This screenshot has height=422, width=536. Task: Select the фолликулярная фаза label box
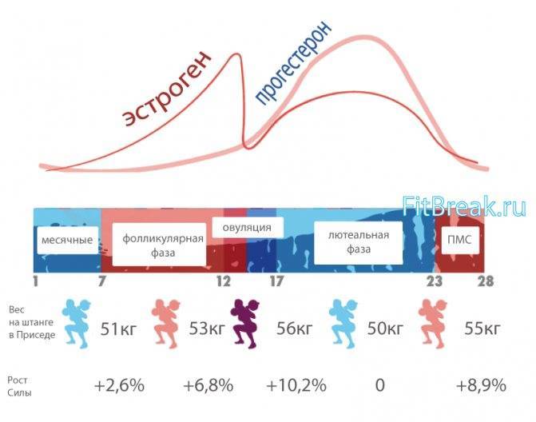[158, 245]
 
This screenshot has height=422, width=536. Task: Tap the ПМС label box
[459, 240]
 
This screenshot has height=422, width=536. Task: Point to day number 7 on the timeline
[101, 282]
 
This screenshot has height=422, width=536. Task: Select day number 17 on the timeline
[277, 282]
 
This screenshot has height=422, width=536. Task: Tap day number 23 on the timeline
[434, 282]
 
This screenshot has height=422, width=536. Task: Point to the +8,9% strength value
[480, 385]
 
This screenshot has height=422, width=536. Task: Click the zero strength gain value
[379, 385]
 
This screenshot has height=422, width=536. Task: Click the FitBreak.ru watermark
[464, 206]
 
